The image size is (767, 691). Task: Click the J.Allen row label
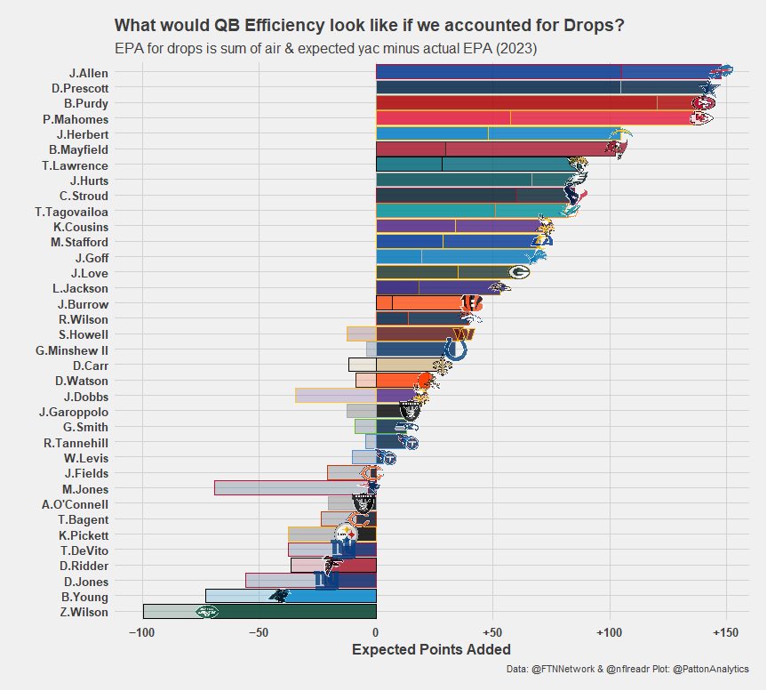(x=89, y=74)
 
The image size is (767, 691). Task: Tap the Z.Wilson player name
(x=84, y=612)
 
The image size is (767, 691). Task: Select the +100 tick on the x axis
(x=609, y=633)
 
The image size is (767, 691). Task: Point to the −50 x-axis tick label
(x=259, y=633)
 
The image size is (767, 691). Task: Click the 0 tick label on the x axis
(x=375, y=633)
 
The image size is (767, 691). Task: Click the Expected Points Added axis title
(x=431, y=649)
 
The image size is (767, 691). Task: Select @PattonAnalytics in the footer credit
(x=710, y=669)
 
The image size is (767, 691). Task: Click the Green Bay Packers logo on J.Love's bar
(x=518, y=271)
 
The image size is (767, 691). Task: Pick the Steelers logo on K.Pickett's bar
(x=346, y=534)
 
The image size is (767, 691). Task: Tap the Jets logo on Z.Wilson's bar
(x=207, y=612)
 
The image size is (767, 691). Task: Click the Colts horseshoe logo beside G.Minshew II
(x=455, y=350)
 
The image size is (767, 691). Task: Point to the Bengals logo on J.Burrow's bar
(x=472, y=303)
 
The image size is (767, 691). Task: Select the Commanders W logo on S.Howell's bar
(x=464, y=334)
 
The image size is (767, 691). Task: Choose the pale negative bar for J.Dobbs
(x=336, y=396)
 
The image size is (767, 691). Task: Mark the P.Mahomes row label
(x=76, y=119)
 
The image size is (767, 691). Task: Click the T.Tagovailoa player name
(x=71, y=212)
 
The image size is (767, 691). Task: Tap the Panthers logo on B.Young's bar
(x=278, y=595)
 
